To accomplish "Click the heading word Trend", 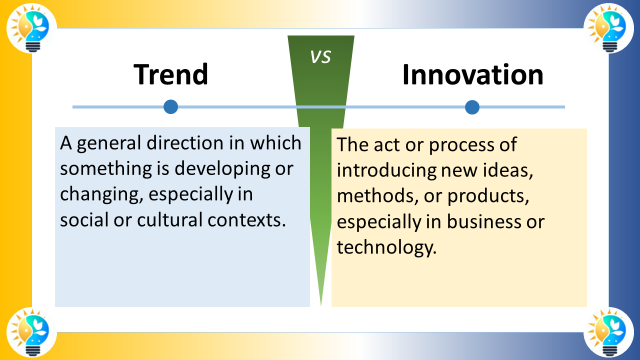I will (170, 74).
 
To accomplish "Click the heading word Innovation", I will (472, 74).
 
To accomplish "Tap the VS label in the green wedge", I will (320, 57).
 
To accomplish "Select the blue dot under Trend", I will (171, 106).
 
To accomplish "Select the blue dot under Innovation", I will (472, 107).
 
